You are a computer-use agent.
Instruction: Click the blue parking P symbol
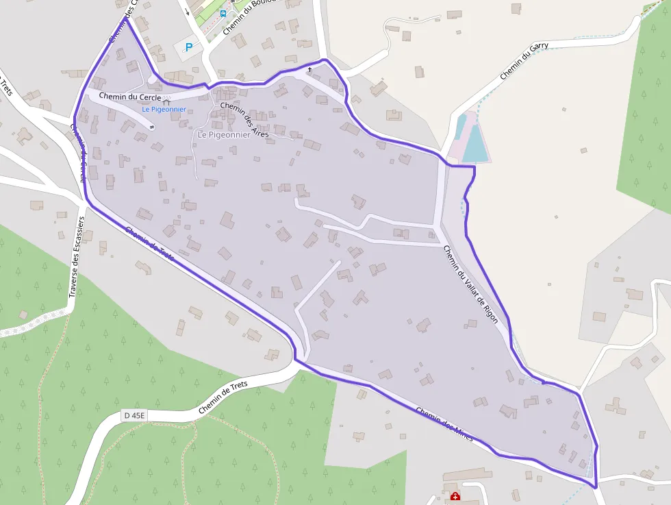tap(189, 47)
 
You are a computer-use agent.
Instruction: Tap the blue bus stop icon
tap(223, 12)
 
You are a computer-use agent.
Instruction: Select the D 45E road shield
tap(135, 415)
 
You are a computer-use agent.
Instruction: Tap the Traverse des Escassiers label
tap(76, 257)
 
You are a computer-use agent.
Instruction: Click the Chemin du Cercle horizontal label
tap(129, 97)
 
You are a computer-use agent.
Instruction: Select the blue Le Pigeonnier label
tap(164, 110)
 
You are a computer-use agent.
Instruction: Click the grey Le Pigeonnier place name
tap(223, 135)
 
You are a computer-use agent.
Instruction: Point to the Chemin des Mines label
tap(444, 424)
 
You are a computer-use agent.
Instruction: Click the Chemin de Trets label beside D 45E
tap(223, 397)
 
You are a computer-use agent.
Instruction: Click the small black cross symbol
tap(309, 69)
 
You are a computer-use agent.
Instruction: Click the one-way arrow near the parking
tap(186, 12)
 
